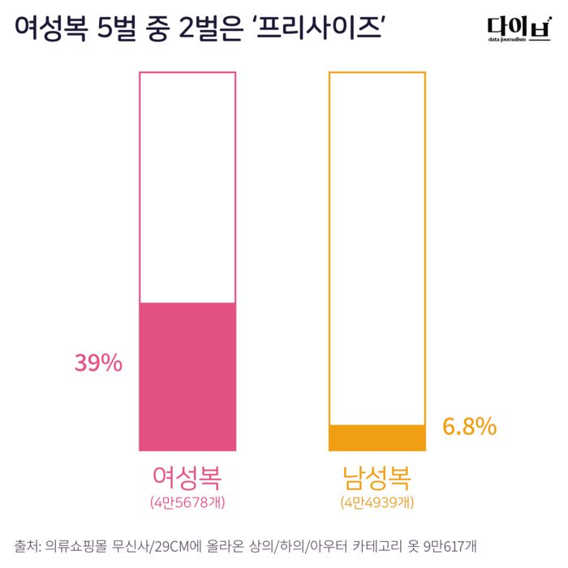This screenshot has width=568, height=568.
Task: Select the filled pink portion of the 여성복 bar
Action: pyautogui.click(x=187, y=377)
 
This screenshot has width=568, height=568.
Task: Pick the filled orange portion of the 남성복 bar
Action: pyautogui.click(x=377, y=437)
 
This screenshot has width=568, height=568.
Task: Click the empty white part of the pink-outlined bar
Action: pyautogui.click(x=187, y=187)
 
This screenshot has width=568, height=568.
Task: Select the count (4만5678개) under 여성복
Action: pyautogui.click(x=187, y=502)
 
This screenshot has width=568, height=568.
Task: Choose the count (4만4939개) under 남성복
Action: pyautogui.click(x=377, y=502)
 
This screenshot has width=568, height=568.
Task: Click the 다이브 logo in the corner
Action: pyautogui.click(x=513, y=27)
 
